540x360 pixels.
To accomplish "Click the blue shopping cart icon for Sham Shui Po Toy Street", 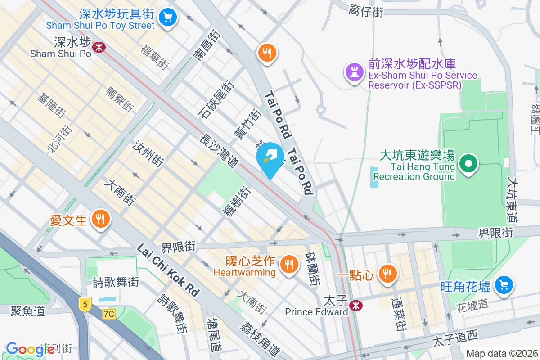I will click(x=168, y=18).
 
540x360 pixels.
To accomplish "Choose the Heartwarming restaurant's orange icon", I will click(x=288, y=263).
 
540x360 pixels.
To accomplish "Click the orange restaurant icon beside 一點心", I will click(x=387, y=273).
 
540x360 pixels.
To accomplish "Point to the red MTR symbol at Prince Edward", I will click(x=356, y=305).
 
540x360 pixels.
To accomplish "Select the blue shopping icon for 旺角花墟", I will click(x=504, y=284).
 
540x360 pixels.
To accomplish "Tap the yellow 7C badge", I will click(x=108, y=314).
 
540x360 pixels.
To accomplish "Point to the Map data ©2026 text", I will click(x=501, y=353).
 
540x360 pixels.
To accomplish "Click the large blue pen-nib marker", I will click(x=270, y=158).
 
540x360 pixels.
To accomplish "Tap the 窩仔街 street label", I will click(x=366, y=12).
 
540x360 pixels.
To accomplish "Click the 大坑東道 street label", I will click(x=513, y=200).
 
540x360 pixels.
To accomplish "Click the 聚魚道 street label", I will click(x=28, y=310).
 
